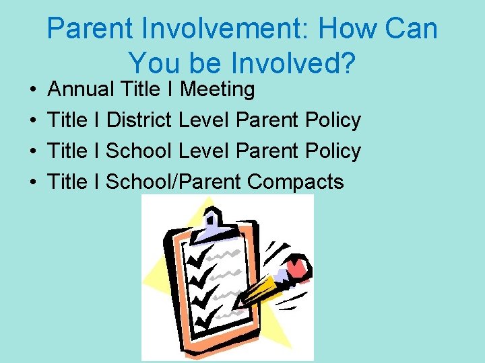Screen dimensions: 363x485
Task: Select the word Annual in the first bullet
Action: [81, 89]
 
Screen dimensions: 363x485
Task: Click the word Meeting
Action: [218, 89]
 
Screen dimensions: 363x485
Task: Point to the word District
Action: [139, 120]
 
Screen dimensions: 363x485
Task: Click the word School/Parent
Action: [174, 182]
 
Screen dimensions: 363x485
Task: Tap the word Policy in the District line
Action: [333, 120]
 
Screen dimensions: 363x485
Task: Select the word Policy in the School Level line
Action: [333, 151]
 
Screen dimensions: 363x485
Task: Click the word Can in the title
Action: [414, 30]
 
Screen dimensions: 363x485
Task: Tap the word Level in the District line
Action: [202, 120]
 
